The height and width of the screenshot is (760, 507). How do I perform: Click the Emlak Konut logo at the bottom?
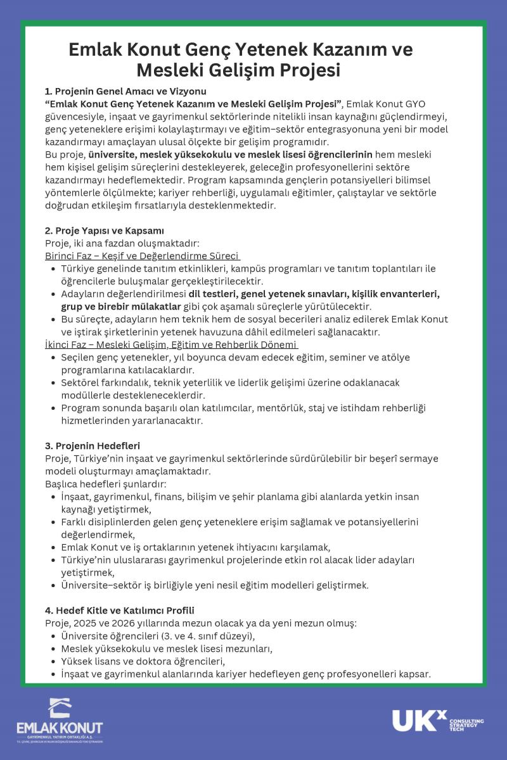(60, 719)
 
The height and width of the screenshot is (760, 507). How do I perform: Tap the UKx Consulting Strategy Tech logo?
(437, 720)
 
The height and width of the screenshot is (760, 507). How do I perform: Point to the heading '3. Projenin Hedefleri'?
(93, 446)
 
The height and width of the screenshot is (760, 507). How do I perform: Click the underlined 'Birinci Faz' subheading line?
(143, 256)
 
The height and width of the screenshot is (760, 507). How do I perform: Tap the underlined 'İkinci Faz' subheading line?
(171, 345)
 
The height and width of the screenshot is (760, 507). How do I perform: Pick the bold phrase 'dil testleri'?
(215, 294)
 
